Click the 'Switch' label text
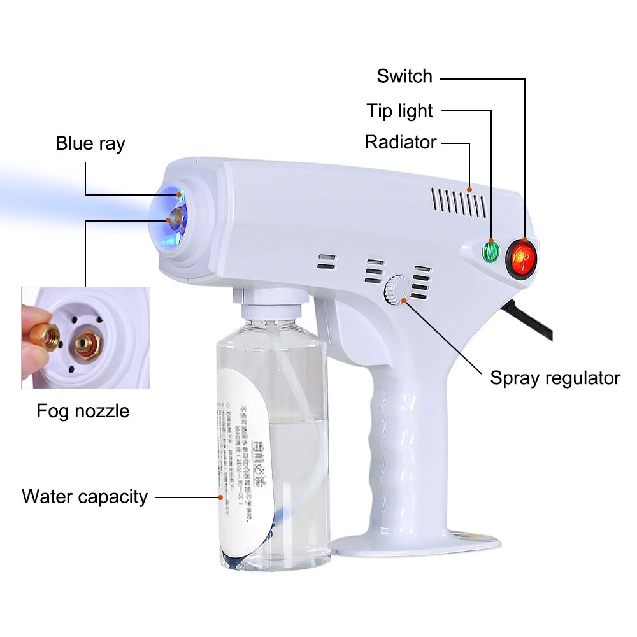point(404,76)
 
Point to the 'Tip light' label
point(399,111)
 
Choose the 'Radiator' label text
point(401,142)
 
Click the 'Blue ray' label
point(90,143)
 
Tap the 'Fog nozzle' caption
point(83,411)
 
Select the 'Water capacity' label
point(85,496)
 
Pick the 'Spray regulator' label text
point(555,378)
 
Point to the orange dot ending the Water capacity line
point(220,496)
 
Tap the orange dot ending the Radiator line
point(469,189)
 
